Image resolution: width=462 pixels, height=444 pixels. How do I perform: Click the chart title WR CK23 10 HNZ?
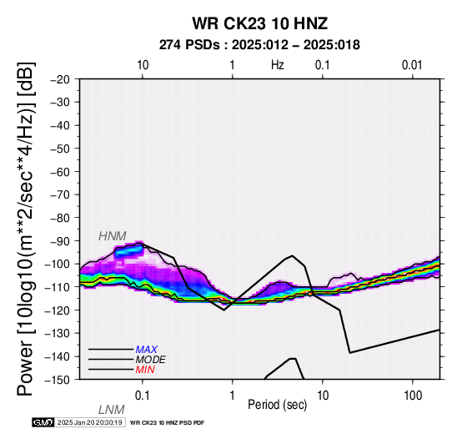tap(260, 23)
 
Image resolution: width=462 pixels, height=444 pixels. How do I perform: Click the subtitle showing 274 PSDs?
tap(259, 45)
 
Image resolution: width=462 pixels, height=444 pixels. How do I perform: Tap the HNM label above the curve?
tap(113, 236)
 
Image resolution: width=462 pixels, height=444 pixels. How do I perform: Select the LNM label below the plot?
tap(112, 410)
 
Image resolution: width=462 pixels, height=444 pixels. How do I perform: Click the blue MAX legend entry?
tap(147, 350)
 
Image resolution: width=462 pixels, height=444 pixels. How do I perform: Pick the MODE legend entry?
tap(151, 360)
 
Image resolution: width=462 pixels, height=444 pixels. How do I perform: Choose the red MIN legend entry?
tap(145, 370)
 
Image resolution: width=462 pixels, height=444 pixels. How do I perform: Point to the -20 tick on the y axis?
tap(60, 79)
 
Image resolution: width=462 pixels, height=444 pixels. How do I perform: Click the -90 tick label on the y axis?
tap(60, 241)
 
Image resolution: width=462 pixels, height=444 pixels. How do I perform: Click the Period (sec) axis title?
tap(277, 405)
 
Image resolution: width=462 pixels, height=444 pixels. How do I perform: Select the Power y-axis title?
tap(26, 229)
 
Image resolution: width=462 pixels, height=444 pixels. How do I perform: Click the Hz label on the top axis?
tap(278, 65)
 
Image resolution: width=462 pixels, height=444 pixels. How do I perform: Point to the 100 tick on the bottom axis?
tap(413, 396)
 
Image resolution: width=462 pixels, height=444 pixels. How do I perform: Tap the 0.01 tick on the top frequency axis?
tap(412, 65)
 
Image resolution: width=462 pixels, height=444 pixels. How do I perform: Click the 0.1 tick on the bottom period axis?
tap(142, 396)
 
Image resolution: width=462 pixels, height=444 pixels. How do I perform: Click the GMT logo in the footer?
tap(43, 422)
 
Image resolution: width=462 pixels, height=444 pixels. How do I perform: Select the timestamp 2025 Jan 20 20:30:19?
tap(89, 422)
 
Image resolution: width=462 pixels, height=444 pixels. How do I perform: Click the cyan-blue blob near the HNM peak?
tap(129, 251)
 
